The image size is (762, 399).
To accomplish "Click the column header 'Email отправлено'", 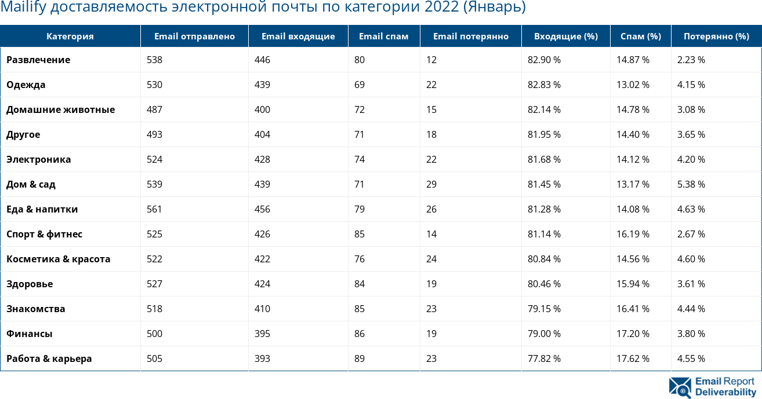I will (194, 36).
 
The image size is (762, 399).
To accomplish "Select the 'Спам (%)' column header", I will (640, 36).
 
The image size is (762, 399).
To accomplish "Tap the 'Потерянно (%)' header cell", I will (716, 36).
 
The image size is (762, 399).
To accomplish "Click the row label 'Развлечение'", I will (38, 60).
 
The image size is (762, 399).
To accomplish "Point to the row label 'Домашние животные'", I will (60, 109).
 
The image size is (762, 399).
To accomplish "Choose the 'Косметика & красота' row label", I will (58, 259).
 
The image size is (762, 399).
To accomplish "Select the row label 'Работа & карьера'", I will (49, 358).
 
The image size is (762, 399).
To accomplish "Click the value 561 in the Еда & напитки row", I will (154, 209).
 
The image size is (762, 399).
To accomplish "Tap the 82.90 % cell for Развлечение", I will (544, 60).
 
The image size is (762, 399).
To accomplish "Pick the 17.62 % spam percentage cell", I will (633, 358).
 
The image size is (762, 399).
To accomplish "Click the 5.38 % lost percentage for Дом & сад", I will (691, 184).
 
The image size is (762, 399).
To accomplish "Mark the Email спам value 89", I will (360, 358).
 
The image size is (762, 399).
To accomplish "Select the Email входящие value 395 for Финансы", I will (262, 334).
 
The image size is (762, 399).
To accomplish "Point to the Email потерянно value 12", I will (431, 60).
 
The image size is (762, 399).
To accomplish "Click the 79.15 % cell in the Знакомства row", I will (544, 309).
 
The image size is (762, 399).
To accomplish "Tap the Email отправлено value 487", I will (154, 109).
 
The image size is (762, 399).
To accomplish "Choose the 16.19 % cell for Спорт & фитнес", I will (633, 234).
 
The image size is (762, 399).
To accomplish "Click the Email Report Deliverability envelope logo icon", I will (680, 387).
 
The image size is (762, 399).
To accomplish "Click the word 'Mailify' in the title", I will (20, 8).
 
